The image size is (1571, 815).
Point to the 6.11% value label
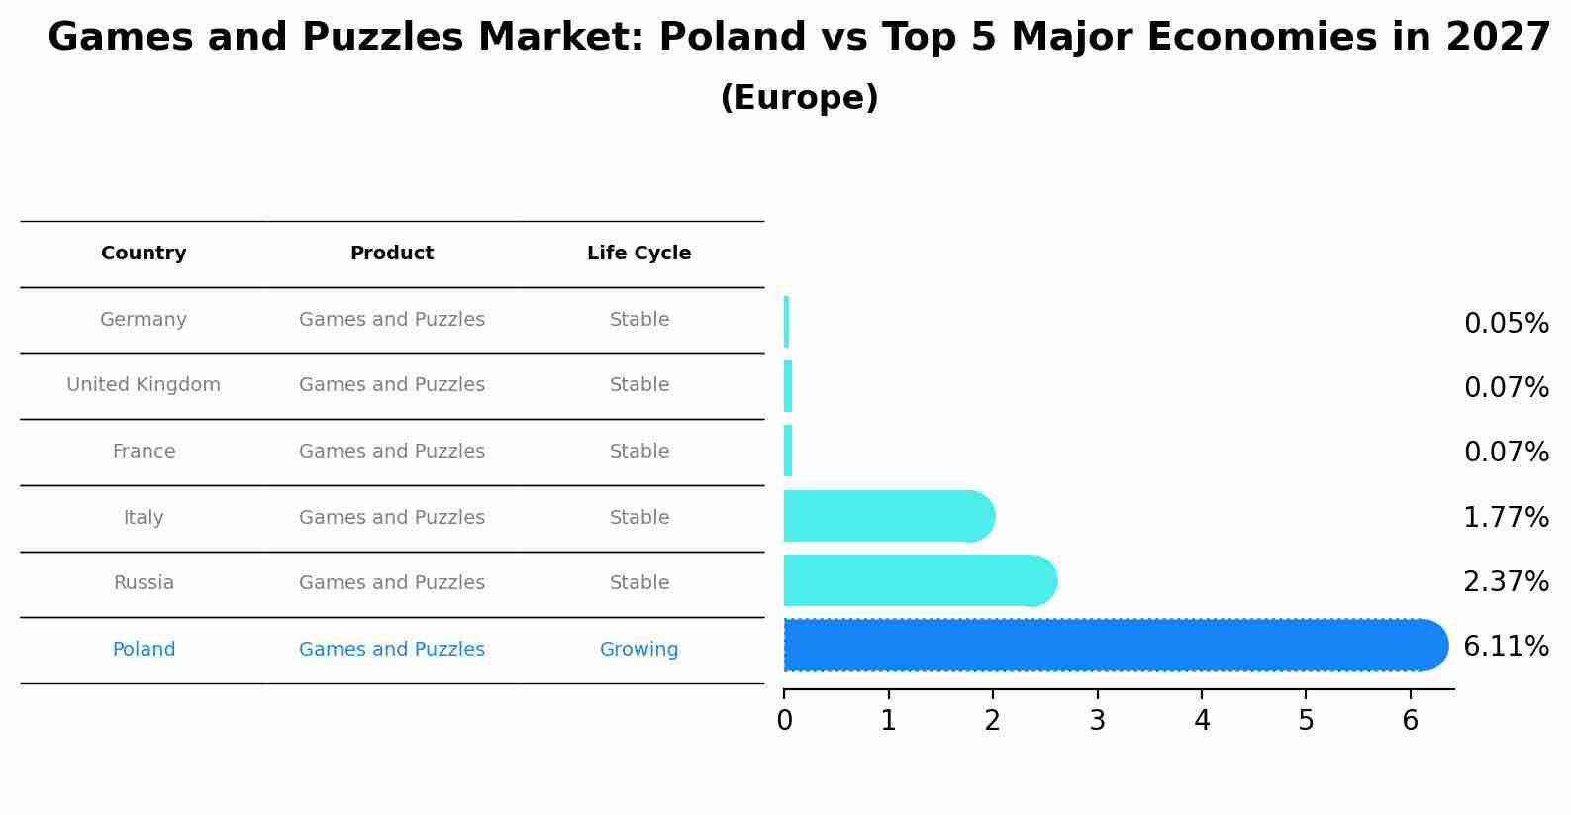pos(1506,647)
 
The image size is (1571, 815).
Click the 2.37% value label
pos(1506,582)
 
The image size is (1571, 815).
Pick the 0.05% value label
pos(1506,324)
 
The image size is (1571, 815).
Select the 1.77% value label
pos(1506,517)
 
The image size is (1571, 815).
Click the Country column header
pos(144,254)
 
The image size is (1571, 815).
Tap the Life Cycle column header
pos(638,254)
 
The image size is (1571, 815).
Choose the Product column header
pos(392,254)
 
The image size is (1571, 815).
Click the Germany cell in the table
pos(144,320)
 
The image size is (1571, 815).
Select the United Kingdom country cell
pos(144,385)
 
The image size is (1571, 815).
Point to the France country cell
pos(144,452)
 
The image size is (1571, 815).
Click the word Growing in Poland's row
pos(638,650)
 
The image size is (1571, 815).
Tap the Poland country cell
pos(144,650)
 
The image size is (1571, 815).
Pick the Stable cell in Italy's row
pos(638,518)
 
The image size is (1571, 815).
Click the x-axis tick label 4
pos(1202,721)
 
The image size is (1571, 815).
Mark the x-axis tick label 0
pos(784,721)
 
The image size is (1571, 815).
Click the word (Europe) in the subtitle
pos(799,98)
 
